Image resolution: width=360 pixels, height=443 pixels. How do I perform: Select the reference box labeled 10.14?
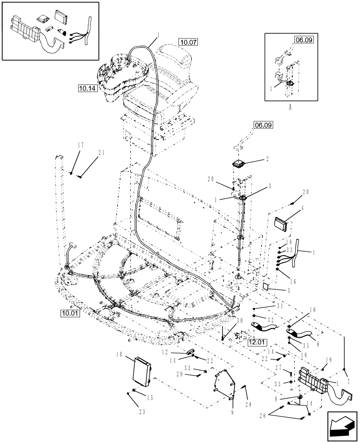point(86,88)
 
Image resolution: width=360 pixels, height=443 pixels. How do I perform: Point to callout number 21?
point(102,153)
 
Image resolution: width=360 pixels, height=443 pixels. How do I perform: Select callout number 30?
point(240,321)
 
